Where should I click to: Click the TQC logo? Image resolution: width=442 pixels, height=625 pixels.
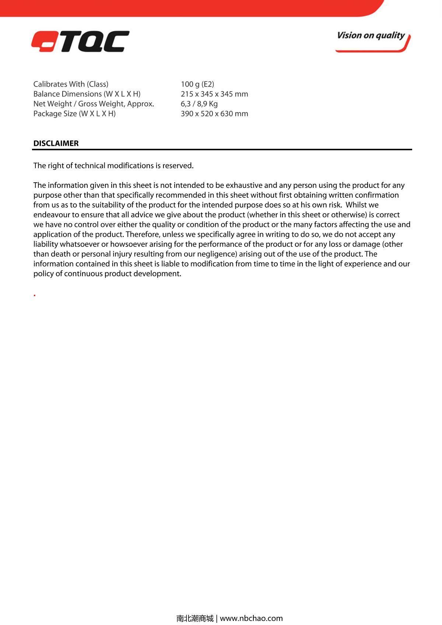[x=80, y=41]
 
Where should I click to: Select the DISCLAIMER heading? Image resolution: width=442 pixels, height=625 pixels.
[x=56, y=143]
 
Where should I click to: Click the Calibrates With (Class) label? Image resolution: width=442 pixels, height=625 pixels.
[x=71, y=84]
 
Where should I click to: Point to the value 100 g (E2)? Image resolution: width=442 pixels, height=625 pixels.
[x=197, y=84]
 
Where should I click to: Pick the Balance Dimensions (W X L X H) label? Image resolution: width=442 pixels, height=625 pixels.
[x=87, y=94]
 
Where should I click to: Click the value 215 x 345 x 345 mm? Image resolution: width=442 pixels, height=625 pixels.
[x=214, y=94]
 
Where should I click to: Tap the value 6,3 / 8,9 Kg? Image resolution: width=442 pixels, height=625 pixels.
[x=199, y=104]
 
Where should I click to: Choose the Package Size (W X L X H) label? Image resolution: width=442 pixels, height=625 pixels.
[x=74, y=114]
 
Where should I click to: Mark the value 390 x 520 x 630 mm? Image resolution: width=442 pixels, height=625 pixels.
[x=214, y=114]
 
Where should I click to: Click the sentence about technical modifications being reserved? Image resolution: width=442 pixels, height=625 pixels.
[x=113, y=166]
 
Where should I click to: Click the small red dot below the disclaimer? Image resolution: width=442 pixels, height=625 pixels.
[x=35, y=295]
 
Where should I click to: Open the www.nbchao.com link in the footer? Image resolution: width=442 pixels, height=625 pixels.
[x=251, y=618]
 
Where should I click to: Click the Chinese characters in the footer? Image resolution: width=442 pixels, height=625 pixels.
[x=195, y=618]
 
